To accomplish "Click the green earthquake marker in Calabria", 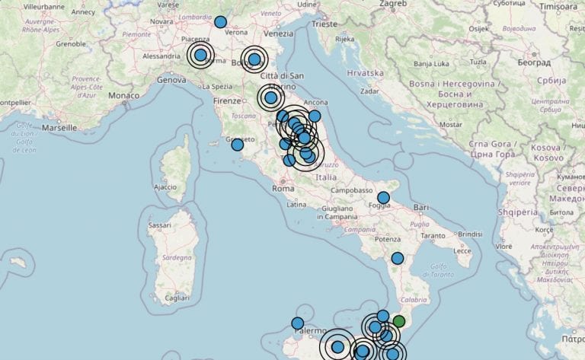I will [x=398, y=321].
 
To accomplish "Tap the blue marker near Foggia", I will [x=383, y=198].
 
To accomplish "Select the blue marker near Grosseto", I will [x=238, y=145].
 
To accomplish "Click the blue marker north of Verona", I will [x=220, y=22].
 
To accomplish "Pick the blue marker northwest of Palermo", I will [x=297, y=323].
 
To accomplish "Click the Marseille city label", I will [x=60, y=128].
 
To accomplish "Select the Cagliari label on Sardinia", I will [x=177, y=299].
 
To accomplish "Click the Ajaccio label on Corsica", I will [x=165, y=186].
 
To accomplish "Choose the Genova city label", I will [x=171, y=79].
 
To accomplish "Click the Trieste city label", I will [x=324, y=24].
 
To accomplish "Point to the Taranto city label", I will [x=433, y=236].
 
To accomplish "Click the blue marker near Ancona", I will [x=314, y=116].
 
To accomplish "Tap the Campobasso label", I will [x=351, y=190].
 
